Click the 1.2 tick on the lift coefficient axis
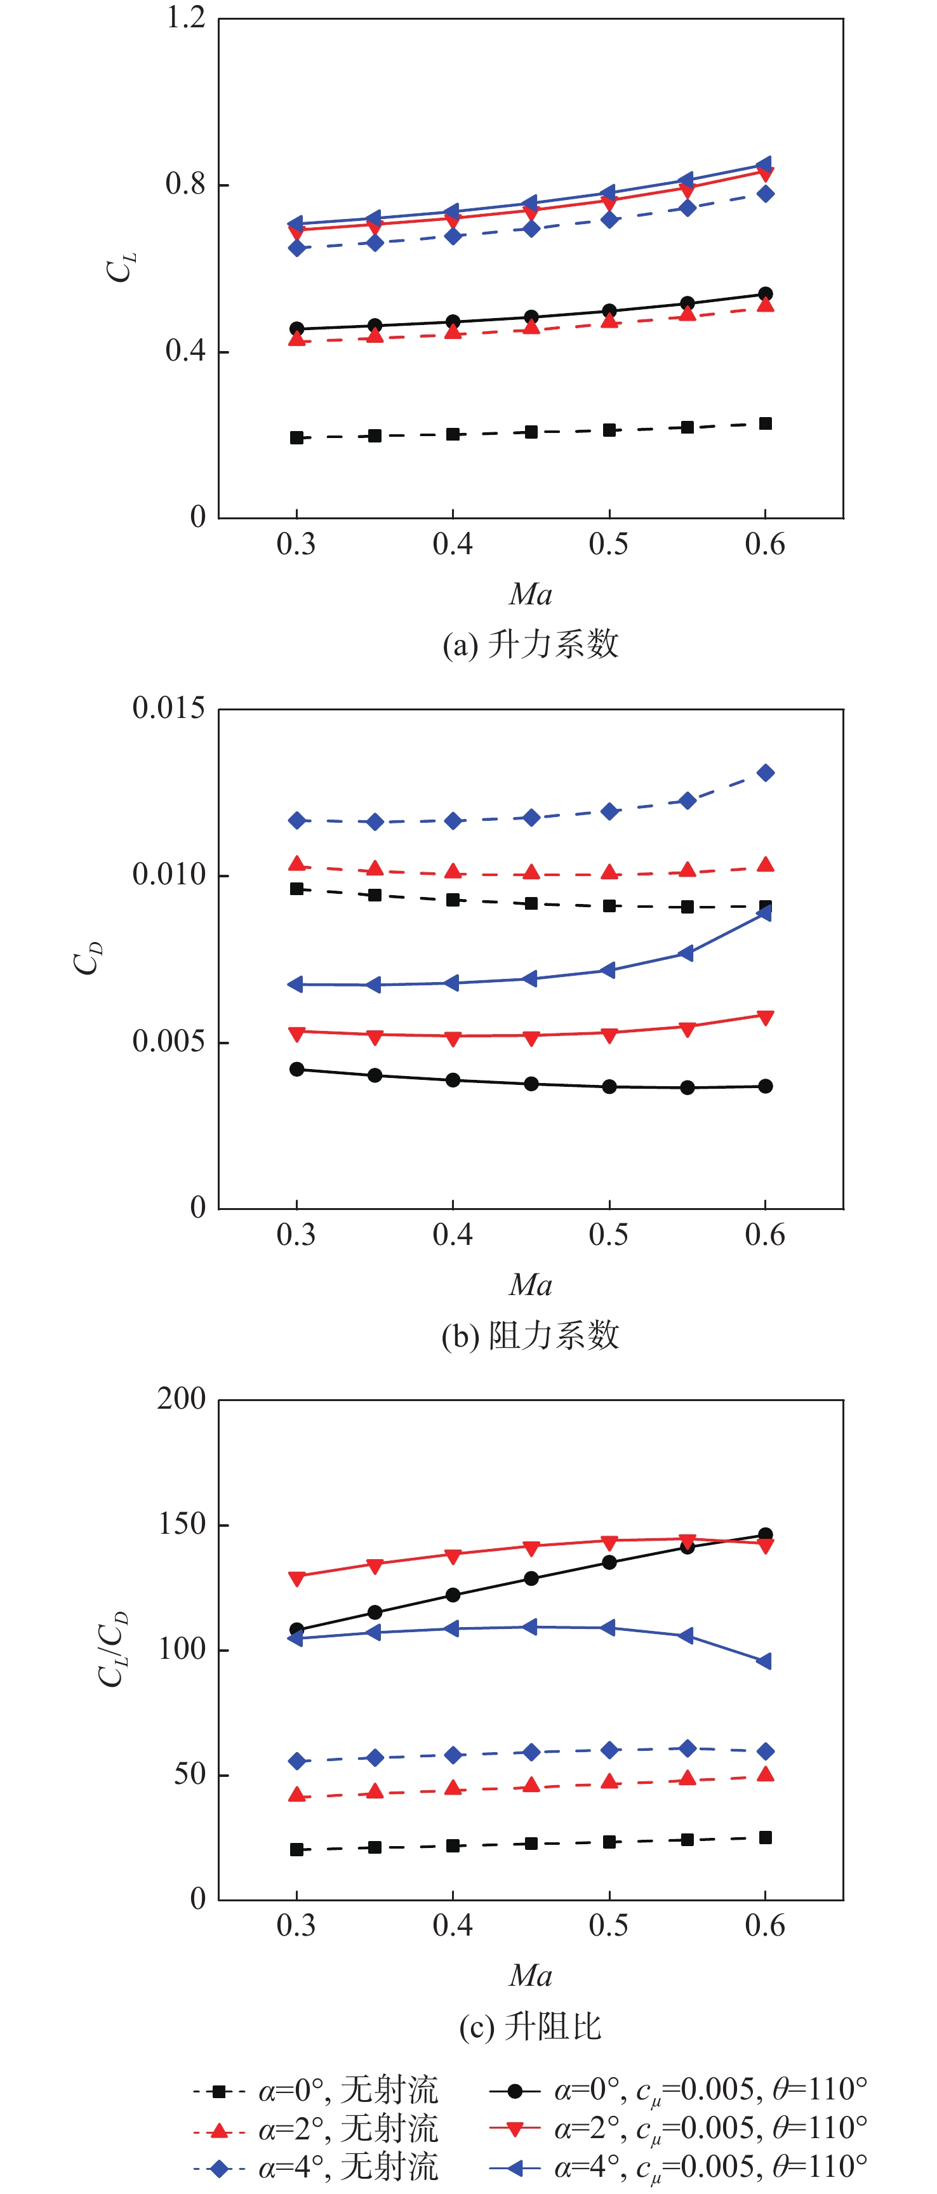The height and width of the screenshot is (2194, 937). point(186,18)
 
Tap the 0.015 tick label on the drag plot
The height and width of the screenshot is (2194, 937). point(169,708)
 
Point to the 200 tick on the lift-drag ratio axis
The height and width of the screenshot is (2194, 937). point(182,1399)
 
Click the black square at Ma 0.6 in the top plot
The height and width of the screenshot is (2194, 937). point(765,423)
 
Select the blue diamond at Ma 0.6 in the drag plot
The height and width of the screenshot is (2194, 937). point(765,773)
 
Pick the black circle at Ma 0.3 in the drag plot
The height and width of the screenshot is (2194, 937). point(296,1069)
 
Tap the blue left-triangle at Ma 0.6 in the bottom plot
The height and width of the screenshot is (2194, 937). point(764,1661)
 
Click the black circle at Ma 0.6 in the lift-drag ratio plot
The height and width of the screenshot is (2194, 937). point(765,1535)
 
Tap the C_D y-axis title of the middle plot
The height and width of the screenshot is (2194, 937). point(88,957)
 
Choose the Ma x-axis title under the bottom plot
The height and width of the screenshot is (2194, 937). point(530,1975)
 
